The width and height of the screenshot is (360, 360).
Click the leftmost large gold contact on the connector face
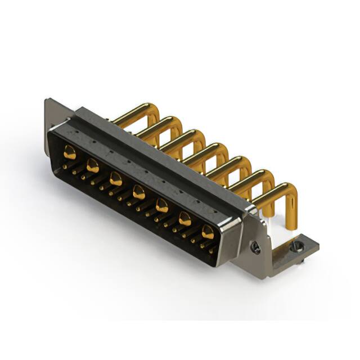(70, 151)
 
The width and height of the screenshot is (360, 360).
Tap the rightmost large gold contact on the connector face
(208, 231)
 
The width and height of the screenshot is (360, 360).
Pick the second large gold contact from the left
(93, 165)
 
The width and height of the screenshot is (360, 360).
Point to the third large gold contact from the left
(116, 179)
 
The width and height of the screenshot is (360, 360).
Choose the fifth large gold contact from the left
(162, 206)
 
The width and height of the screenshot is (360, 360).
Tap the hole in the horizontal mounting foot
(298, 245)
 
